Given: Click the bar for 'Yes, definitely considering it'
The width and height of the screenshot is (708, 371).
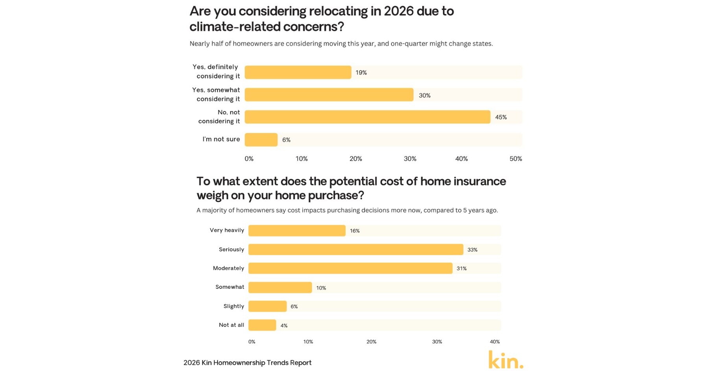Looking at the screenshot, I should coord(298,72).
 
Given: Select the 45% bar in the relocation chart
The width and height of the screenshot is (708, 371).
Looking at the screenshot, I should coord(367,117).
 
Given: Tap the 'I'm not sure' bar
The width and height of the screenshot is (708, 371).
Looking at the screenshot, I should coord(261,140).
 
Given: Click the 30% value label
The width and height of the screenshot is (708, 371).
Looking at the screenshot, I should coord(425,95).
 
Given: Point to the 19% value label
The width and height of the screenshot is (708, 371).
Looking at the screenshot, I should coord(361,72).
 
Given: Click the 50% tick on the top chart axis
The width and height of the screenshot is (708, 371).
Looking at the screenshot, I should coord(515,159).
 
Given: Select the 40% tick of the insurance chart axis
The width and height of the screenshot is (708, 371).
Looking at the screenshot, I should coord(495,341).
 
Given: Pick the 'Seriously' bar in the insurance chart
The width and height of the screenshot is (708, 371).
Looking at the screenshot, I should coord(355,249).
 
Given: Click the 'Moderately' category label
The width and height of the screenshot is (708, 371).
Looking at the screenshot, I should coord(228,268).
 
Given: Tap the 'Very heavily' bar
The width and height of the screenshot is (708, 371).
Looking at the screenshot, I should coord(297,231).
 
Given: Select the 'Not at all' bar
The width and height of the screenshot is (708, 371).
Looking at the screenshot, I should coord(262,325).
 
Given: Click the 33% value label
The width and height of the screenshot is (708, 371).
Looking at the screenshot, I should coord(472,249).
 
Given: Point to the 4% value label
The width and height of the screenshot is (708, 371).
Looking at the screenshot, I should coord(284,325).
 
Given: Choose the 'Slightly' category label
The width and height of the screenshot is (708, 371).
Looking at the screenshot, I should coord(234,306).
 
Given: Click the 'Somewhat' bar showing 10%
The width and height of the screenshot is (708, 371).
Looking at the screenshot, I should coord(280,288).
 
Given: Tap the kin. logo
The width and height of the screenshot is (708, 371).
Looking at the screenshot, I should coord(506,360).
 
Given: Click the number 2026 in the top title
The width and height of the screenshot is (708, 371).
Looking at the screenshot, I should coord(399,11).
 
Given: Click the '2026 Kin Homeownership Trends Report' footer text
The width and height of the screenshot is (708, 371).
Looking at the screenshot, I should coord(247,362).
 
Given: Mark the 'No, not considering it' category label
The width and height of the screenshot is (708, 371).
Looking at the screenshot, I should coord(219,117).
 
